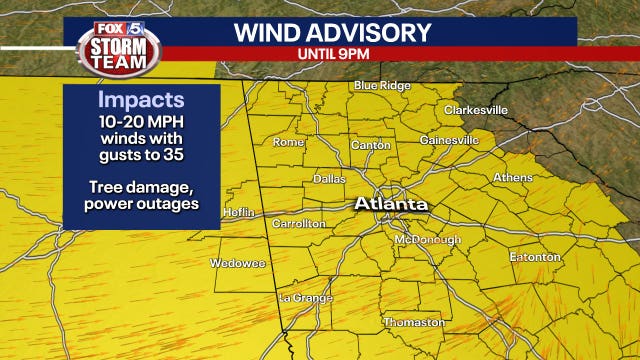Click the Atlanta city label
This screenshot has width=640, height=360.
tap(391, 204)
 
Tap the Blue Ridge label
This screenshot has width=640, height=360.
tap(382, 86)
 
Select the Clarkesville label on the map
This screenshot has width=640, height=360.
tap(475, 109)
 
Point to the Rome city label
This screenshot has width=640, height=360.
tap(288, 142)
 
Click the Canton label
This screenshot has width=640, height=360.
tap(371, 146)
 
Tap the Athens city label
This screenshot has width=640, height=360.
tap(513, 178)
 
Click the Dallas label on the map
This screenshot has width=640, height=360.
tap(329, 179)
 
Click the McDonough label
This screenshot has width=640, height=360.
tap(428, 240)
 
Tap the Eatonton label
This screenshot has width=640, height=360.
tap(535, 257)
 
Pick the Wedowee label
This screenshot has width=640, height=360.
tap(231, 263)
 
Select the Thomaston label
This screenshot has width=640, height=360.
tap(414, 322)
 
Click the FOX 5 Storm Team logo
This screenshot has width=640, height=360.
tap(118, 46)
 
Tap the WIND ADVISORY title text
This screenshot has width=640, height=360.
tap(332, 32)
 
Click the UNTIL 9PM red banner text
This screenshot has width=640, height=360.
tap(332, 53)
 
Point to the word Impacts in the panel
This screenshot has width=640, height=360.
tap(140, 101)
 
